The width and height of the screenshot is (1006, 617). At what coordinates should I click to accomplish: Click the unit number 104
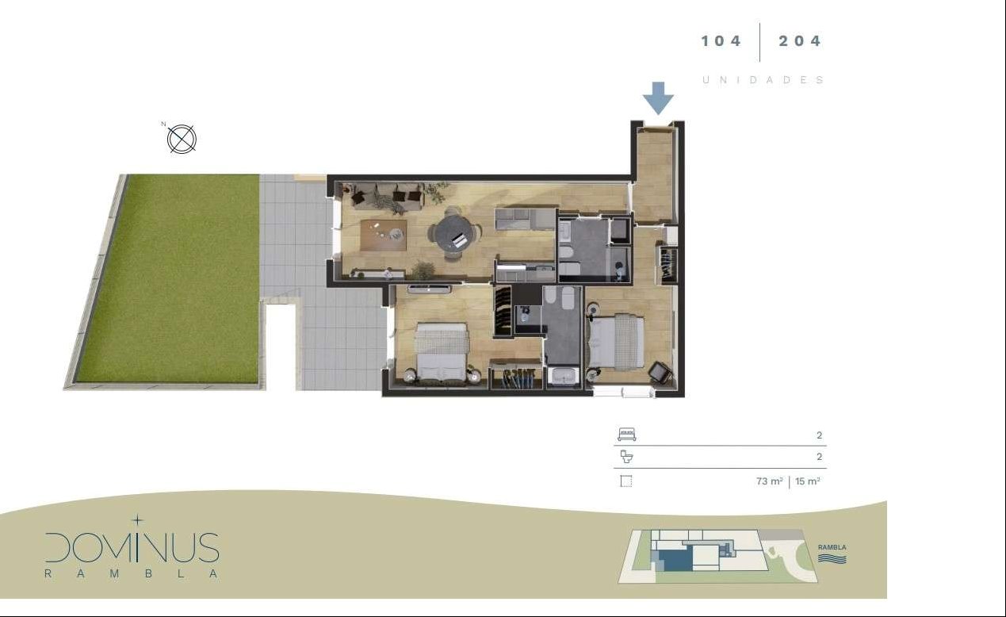[x=721, y=41]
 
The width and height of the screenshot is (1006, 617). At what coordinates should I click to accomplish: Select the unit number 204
[x=799, y=41]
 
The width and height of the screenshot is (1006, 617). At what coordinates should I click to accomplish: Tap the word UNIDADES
[x=763, y=80]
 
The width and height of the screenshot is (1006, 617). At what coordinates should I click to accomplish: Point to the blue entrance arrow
[x=658, y=98]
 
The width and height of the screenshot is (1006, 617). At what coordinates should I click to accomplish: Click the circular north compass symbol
[x=182, y=139]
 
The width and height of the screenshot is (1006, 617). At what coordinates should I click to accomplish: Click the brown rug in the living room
[x=384, y=235]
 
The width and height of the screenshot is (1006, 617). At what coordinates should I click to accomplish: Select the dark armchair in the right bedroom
[x=660, y=373]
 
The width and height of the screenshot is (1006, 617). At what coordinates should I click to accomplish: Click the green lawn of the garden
[x=168, y=278]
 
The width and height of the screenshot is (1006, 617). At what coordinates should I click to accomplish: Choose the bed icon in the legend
[x=626, y=435]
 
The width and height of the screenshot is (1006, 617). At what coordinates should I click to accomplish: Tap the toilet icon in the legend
[x=626, y=457]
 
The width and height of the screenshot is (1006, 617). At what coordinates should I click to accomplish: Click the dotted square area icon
[x=626, y=481]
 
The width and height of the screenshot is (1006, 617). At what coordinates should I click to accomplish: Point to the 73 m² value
[x=769, y=481]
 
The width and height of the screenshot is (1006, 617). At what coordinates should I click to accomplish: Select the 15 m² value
[x=808, y=481]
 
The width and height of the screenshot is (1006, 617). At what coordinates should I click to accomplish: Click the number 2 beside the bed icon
[x=819, y=435]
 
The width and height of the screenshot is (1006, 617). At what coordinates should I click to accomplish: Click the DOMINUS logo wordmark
[x=132, y=547]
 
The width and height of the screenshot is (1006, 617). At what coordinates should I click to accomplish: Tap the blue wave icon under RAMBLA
[x=832, y=558]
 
